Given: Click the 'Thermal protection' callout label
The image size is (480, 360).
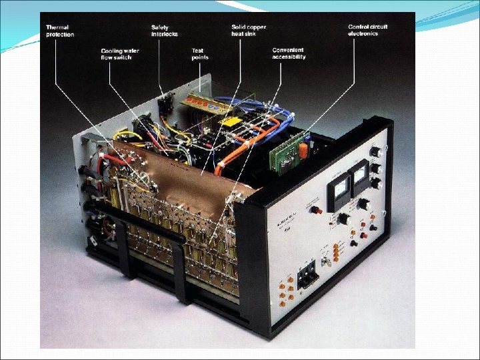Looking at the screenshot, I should (59, 31).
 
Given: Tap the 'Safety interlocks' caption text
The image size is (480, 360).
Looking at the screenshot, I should (164, 31).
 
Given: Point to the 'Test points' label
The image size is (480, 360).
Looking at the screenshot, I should (200, 54).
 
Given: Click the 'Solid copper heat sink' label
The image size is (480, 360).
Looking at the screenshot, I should (247, 31).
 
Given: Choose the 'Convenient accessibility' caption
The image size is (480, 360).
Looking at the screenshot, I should (289, 53).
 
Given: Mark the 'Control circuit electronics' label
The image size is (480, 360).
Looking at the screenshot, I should (367, 30).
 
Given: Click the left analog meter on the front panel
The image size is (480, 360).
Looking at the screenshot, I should (339, 193).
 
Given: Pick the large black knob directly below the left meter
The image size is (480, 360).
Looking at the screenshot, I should (344, 219).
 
